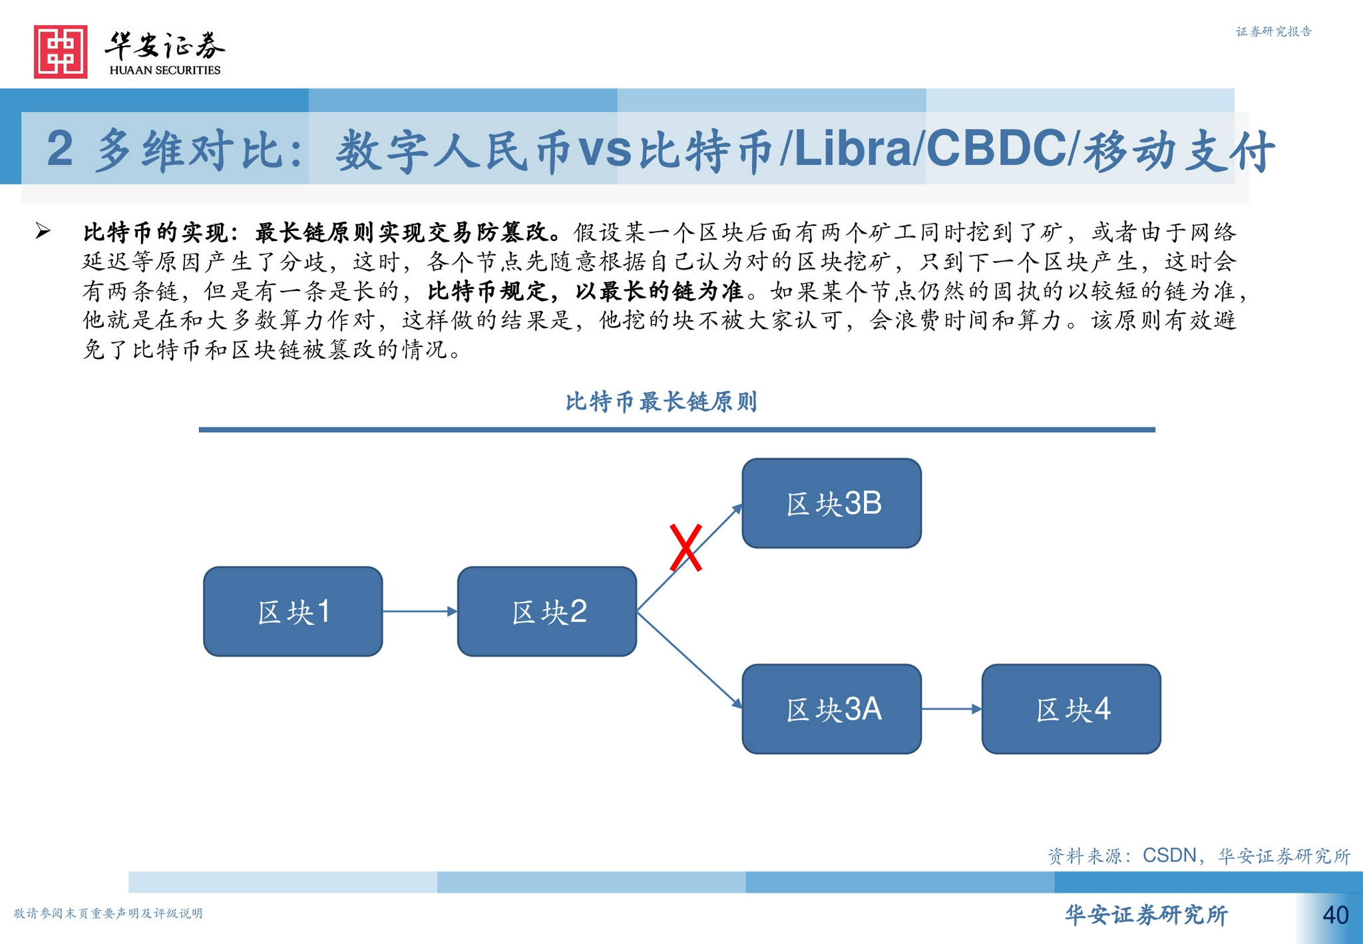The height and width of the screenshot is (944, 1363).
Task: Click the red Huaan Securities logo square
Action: tap(61, 52)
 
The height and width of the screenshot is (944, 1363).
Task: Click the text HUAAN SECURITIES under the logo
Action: tap(164, 70)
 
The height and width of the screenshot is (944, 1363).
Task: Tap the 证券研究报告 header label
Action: tap(1274, 31)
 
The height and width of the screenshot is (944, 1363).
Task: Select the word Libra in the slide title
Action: tap(853, 148)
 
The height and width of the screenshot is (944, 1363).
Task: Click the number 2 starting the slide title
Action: tap(60, 148)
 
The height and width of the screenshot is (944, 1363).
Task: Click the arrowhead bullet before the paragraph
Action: tap(43, 231)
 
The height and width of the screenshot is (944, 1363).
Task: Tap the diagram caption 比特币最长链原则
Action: tap(661, 401)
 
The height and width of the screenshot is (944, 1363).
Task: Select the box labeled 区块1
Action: tap(293, 611)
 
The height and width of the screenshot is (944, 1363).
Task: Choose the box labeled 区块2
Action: tap(547, 611)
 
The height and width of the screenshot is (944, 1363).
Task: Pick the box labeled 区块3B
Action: tap(832, 503)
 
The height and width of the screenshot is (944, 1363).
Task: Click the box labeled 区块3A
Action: tap(832, 709)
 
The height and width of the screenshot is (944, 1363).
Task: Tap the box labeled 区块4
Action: tap(1071, 709)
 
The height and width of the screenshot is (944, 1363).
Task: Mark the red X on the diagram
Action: tap(685, 548)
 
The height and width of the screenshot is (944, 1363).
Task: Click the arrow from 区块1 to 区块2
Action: tap(420, 611)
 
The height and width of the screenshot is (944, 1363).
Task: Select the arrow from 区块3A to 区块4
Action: tap(952, 709)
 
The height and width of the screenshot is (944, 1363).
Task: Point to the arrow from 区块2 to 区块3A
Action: tap(689, 660)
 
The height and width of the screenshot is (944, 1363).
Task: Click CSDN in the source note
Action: tap(1169, 855)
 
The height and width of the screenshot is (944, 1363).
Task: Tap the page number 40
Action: tap(1335, 915)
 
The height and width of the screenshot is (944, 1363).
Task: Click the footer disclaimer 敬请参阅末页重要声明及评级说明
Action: tap(108, 913)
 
